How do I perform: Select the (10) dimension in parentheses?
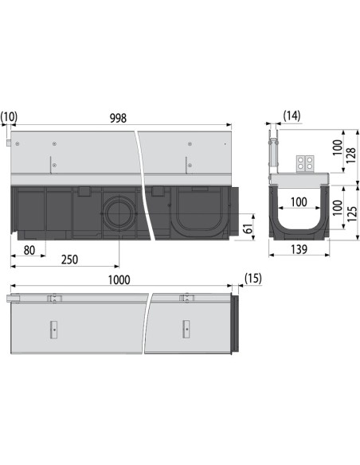[10, 118]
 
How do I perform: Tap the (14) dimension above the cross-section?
[292, 117]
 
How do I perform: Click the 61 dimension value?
[248, 229]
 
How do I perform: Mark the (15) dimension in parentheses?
[252, 279]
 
